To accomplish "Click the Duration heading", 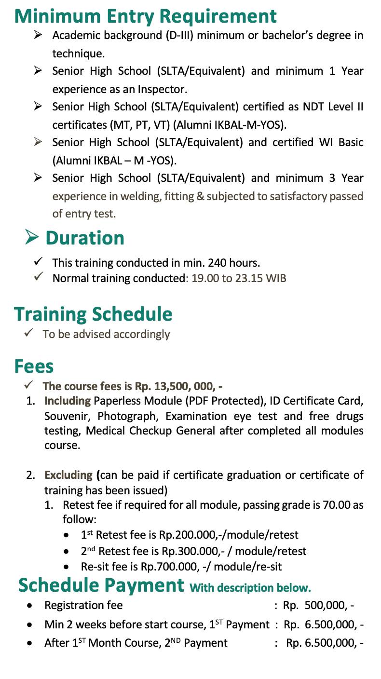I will click(85, 238).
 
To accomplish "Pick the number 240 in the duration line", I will click(218, 263).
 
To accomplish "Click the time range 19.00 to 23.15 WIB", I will click(239, 278).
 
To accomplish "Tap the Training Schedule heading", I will click(93, 314).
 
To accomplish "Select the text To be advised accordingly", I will click(106, 334).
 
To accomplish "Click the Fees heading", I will click(34, 366).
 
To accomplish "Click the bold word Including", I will click(68, 401).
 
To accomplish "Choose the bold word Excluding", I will click(68, 475).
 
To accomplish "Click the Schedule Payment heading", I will click(101, 585).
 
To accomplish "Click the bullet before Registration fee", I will click(30, 605).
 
